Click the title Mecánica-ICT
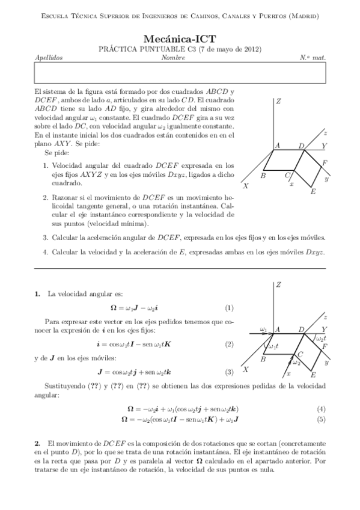click(x=180, y=38)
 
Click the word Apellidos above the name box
click(x=49, y=58)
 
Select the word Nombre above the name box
click(x=173, y=58)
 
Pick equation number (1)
click(x=229, y=308)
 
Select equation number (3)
click(x=229, y=372)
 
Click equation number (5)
click(x=322, y=419)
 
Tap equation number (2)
click(x=229, y=344)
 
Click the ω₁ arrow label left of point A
click(x=263, y=328)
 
